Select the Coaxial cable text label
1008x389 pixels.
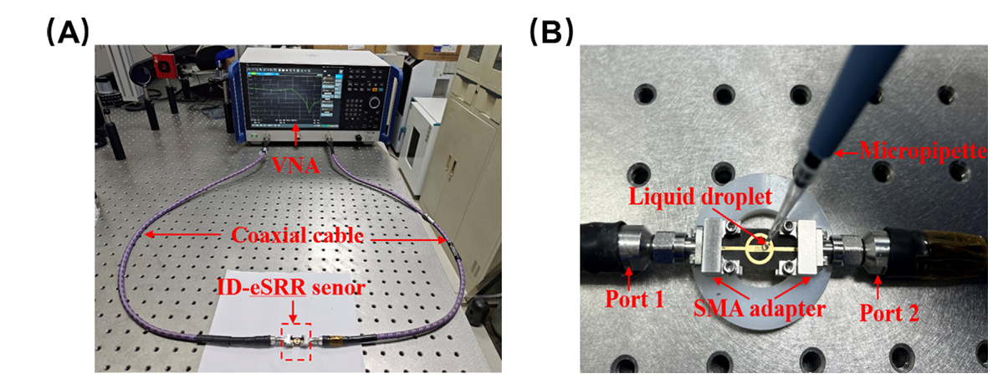(297, 236)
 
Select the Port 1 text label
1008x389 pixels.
(635, 299)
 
